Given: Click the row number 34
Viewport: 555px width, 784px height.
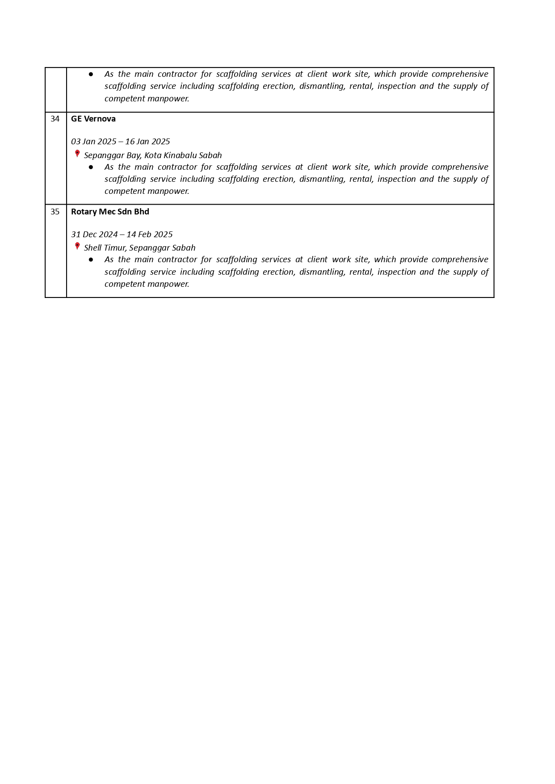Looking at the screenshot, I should pos(55,119).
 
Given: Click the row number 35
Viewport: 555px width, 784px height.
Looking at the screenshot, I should pos(55,212).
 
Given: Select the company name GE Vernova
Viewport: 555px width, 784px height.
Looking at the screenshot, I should pos(93,119).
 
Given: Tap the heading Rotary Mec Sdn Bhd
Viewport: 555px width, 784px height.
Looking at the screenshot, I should pos(110,212).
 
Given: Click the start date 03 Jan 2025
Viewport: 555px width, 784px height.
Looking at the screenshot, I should pos(93,142).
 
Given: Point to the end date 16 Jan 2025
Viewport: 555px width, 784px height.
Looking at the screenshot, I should pos(147,142).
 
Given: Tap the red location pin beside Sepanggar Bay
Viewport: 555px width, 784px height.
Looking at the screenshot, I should pos(77,154).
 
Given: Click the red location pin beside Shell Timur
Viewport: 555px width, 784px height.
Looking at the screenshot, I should pos(77,246).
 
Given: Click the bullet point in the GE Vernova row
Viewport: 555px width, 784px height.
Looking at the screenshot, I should pos(91,167).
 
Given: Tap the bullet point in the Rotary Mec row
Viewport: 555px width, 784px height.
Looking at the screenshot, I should pos(91,260).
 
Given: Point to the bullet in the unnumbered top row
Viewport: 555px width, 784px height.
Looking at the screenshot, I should pos(91,74).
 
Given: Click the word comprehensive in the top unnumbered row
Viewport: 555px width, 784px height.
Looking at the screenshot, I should pos(460,74).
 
